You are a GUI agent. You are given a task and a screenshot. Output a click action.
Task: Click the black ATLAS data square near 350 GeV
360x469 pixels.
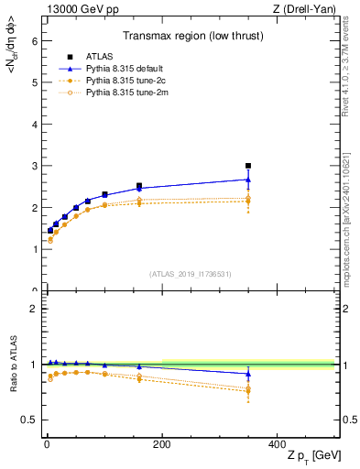click(248, 166)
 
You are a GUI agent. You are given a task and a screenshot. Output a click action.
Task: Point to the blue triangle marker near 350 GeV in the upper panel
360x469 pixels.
click(248, 180)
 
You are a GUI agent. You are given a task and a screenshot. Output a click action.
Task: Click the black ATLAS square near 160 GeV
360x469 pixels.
click(139, 186)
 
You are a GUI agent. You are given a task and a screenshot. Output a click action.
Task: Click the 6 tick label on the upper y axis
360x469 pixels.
click(33, 40)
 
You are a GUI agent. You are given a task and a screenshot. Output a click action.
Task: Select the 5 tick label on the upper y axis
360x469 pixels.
click(33, 82)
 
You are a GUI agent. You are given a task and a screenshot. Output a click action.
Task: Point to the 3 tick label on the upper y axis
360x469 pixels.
click(33, 166)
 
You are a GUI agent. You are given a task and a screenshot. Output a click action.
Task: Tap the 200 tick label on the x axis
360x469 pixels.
click(161, 443)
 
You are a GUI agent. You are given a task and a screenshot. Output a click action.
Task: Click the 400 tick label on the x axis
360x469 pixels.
click(277, 443)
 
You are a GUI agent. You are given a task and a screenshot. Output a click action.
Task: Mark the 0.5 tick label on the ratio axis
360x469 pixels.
click(29, 420)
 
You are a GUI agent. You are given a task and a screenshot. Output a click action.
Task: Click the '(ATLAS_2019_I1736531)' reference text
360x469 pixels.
click(190, 274)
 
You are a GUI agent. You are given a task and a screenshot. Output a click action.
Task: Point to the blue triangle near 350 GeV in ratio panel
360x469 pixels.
click(248, 374)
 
